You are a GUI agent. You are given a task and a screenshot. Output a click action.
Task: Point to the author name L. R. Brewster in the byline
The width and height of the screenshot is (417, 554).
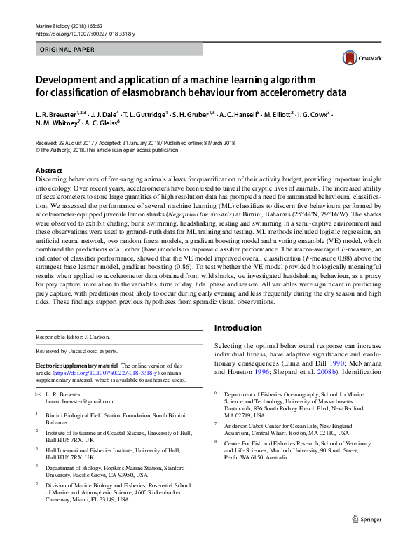click(60, 113)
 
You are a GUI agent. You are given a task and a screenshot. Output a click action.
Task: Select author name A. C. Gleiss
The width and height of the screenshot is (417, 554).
click(102, 123)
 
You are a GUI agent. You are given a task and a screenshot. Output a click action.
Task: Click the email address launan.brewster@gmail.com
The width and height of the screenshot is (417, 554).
click(77, 401)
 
